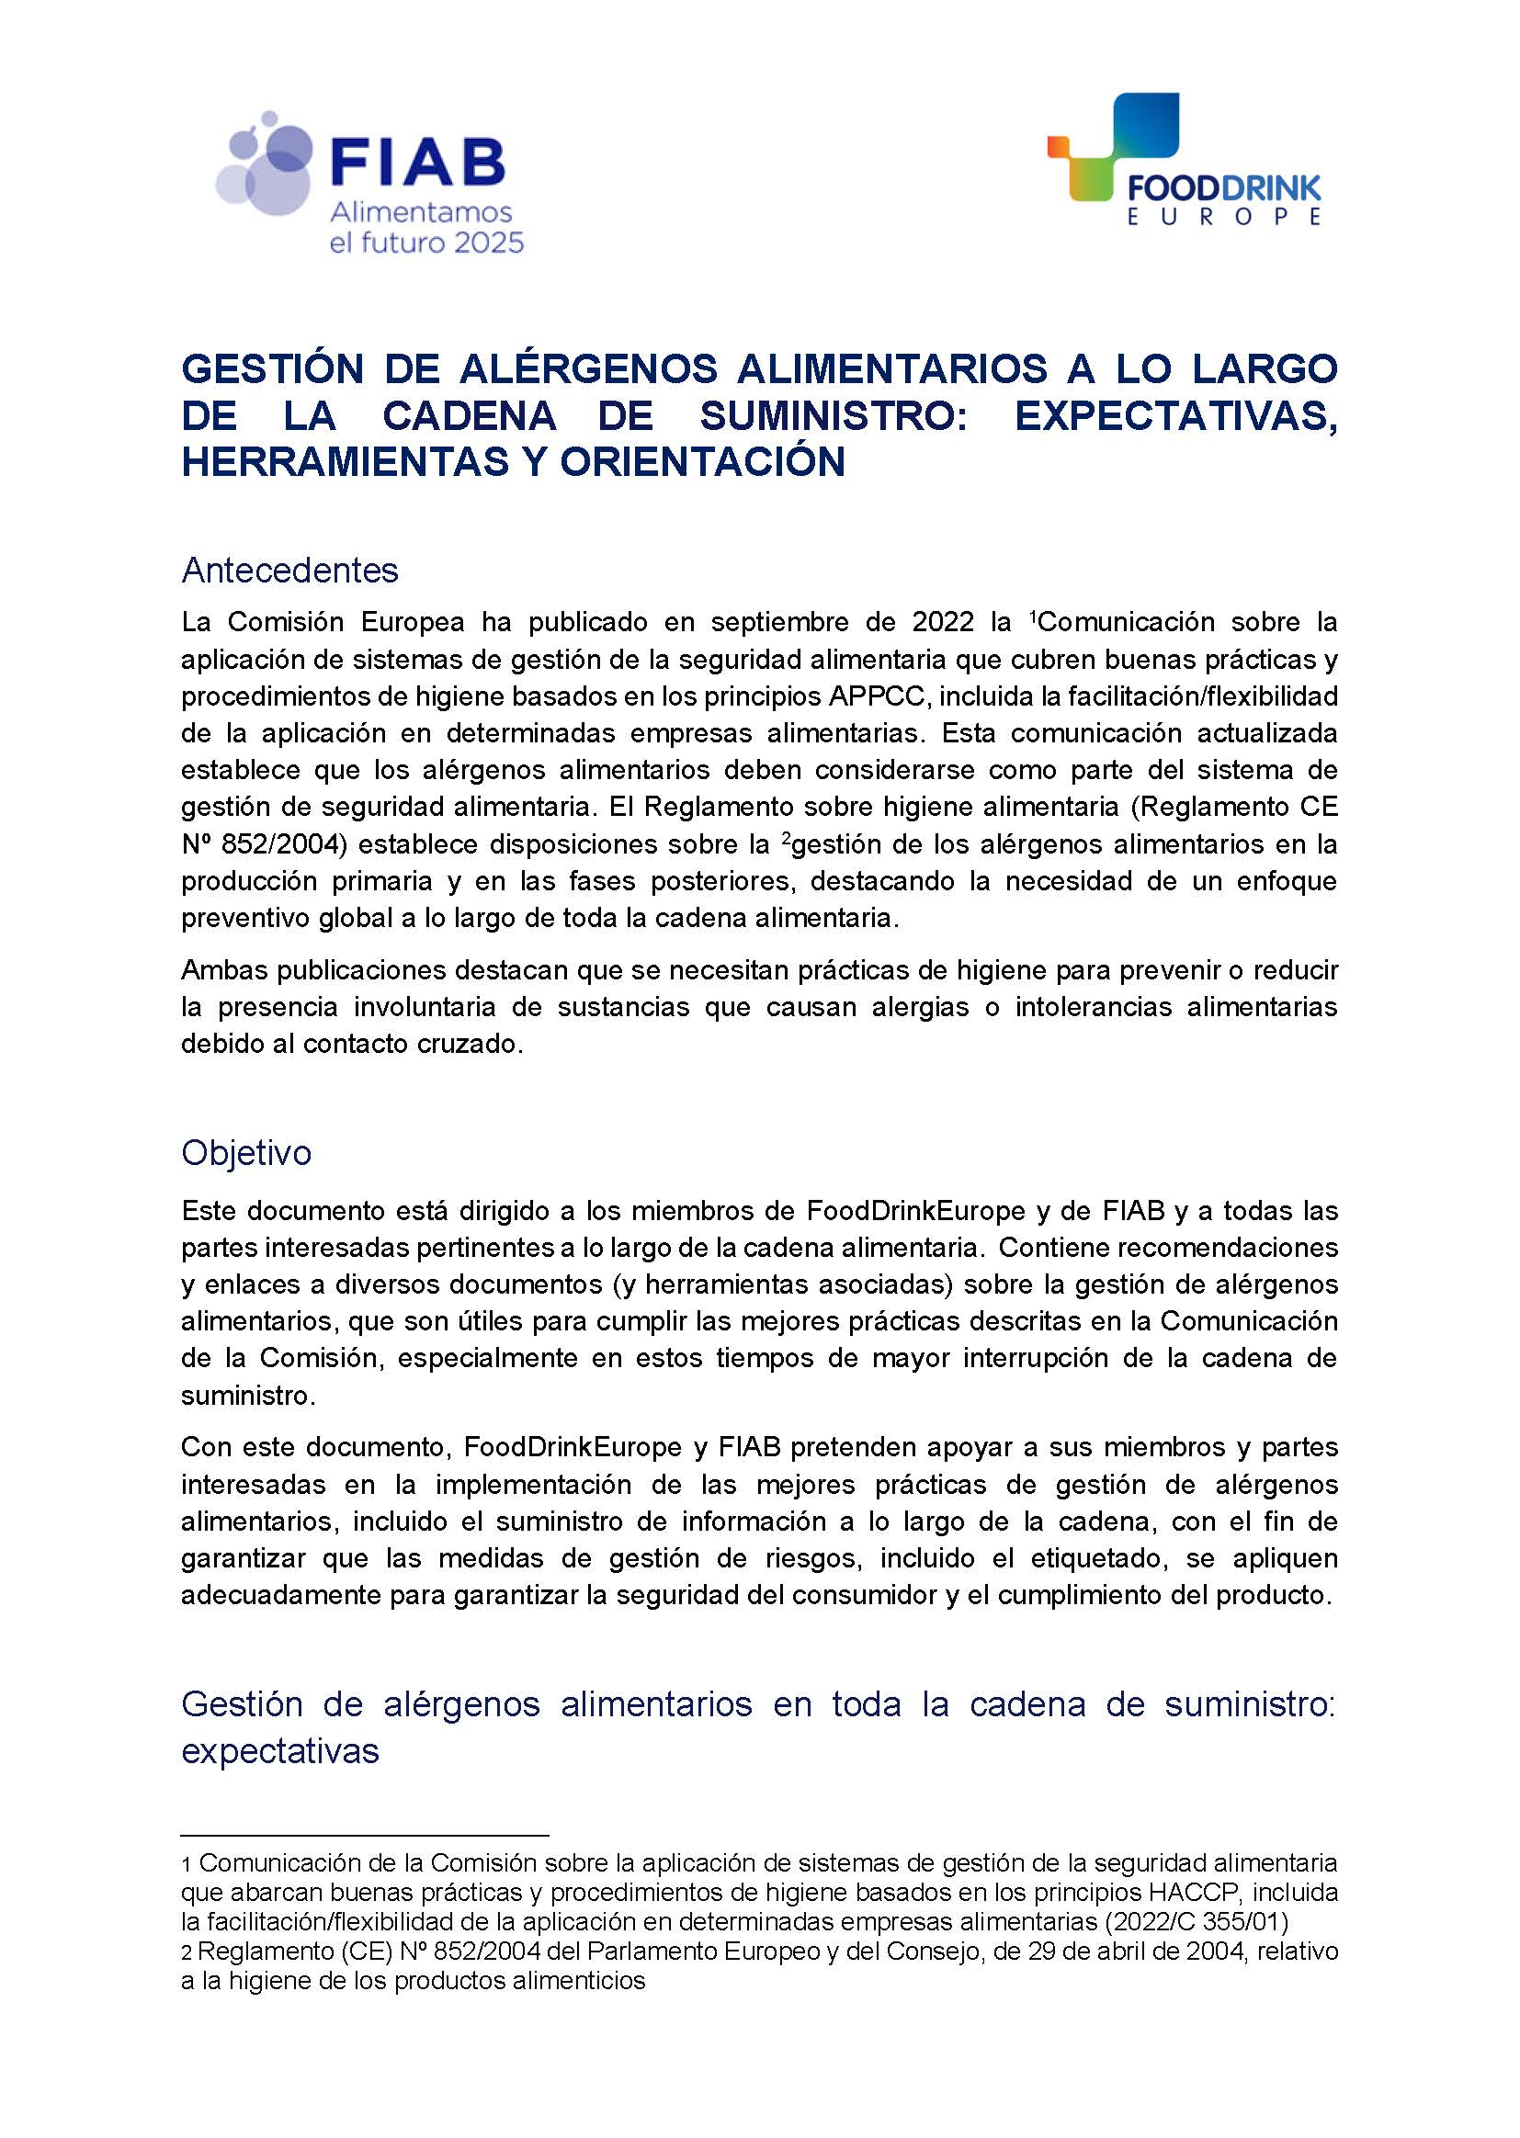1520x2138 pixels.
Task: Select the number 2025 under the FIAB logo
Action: [x=489, y=244]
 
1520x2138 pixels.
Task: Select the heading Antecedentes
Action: [x=290, y=570]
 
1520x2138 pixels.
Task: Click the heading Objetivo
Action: [x=246, y=1153]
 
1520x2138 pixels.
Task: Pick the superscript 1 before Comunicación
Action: [x=1033, y=617]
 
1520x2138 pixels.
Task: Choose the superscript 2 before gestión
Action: [x=785, y=838]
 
